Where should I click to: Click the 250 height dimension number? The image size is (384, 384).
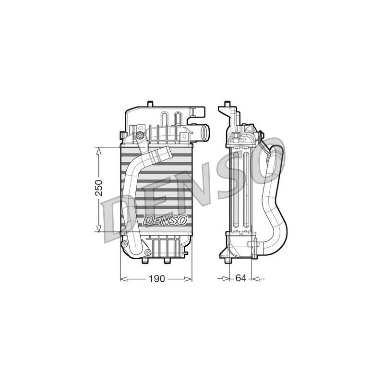coord(99,188)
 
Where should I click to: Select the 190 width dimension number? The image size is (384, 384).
coord(157,278)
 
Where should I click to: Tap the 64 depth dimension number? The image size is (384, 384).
coord(241,278)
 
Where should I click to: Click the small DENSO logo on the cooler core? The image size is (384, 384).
coord(165,220)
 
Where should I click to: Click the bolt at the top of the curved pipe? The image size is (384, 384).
coord(140,135)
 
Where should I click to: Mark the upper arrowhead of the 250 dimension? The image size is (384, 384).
coord(98,151)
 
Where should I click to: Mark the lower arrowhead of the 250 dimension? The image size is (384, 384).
coord(98,228)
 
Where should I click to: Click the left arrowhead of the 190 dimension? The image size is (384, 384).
coord(124,279)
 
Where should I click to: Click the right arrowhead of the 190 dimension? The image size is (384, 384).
coord(188,279)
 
